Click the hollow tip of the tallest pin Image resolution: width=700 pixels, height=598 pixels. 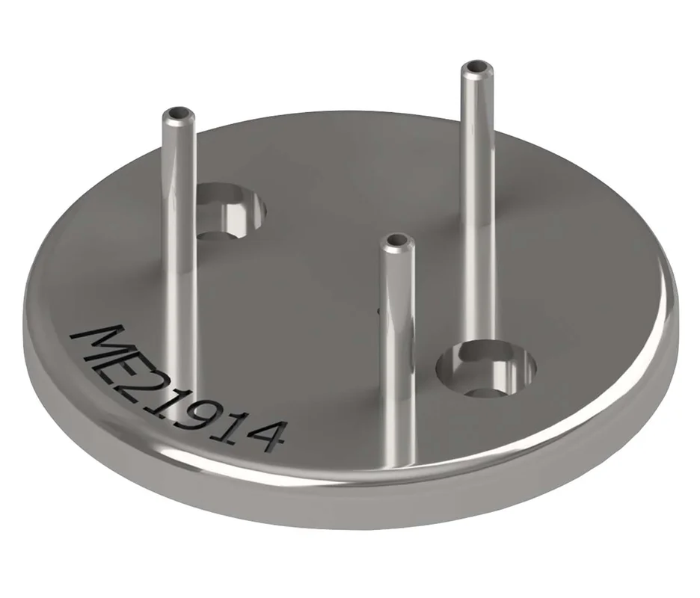[478, 68]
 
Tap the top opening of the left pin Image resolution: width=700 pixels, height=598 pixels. [178, 114]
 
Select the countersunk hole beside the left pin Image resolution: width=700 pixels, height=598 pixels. [231, 209]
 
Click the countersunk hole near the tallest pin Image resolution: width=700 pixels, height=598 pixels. [486, 369]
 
